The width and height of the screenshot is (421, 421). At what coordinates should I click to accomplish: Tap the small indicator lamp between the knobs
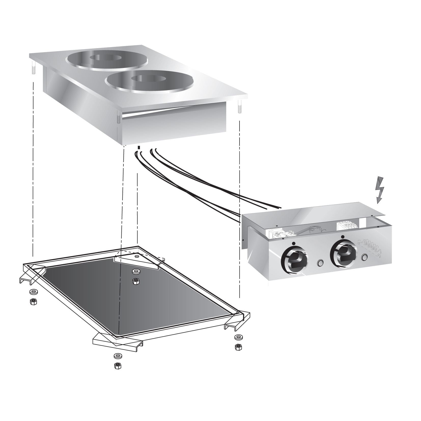320,262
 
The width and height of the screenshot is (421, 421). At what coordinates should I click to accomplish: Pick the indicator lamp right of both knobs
364,258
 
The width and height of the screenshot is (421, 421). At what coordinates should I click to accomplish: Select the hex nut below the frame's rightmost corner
238,347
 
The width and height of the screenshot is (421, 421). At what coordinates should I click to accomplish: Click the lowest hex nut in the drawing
117,366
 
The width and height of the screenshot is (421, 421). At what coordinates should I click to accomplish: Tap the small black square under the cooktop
139,148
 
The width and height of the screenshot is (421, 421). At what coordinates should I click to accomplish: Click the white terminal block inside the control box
346,226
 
